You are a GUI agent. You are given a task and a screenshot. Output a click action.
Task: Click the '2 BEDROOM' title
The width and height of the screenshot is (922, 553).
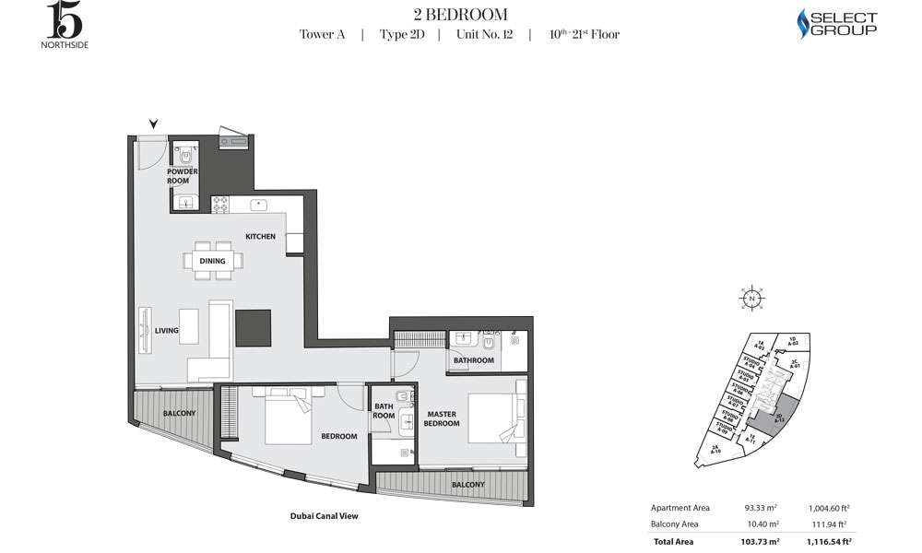pos(459,14)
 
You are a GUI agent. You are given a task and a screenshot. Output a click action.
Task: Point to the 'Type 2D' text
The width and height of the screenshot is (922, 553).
pos(399,35)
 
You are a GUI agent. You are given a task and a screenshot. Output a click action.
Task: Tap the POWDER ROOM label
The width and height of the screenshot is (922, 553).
pos(178,176)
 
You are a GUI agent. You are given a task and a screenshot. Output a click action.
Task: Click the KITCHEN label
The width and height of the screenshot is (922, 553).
pos(260,237)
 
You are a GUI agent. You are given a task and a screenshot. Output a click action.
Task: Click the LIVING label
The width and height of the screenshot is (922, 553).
pos(166,331)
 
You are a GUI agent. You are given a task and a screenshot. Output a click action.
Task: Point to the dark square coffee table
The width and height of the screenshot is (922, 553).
pos(254,327)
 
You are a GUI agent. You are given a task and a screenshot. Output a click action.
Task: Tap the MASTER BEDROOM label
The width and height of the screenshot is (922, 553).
pos(441,418)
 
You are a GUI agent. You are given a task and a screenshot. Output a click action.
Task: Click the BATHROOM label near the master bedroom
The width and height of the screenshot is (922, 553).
pos(474,360)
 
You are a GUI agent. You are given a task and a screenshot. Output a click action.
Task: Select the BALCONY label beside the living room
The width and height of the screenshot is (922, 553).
pos(179,414)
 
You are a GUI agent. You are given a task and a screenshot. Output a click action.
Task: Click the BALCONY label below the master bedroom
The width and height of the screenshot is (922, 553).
pos(468,484)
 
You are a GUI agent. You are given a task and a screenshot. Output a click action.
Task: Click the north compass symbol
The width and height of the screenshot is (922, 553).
pos(752,299)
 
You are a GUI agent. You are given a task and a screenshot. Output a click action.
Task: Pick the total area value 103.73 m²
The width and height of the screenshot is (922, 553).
pos(762,541)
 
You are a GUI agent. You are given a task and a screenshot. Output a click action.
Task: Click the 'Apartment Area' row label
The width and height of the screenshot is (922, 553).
pos(681,508)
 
